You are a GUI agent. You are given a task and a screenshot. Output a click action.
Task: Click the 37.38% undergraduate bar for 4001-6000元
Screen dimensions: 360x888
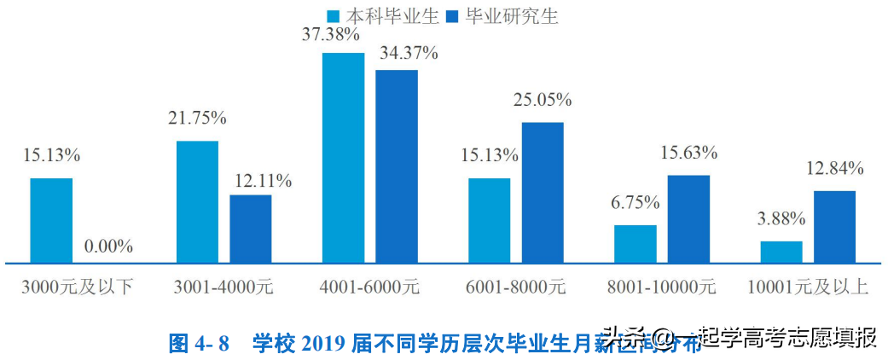(343, 157)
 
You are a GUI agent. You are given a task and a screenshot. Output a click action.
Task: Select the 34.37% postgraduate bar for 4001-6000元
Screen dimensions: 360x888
(397, 165)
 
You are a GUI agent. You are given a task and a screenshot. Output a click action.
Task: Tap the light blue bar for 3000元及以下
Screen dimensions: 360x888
(51, 220)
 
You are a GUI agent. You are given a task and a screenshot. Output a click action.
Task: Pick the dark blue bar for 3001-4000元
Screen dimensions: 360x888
(251, 228)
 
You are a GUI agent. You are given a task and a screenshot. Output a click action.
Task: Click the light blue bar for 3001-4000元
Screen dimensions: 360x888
(197, 201)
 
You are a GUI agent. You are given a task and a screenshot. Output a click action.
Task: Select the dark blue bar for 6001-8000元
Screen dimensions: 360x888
(543, 192)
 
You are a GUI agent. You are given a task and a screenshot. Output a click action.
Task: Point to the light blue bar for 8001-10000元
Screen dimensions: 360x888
(636, 243)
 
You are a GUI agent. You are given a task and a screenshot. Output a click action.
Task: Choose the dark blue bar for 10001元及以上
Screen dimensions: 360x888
(834, 226)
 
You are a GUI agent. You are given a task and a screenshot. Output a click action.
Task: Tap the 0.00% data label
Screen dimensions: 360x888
(108, 247)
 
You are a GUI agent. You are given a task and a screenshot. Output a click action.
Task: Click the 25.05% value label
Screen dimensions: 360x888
(543, 100)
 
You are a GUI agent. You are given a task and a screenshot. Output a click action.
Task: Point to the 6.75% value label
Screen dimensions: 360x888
(636, 203)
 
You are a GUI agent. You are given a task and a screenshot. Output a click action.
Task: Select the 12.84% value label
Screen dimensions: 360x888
(834, 168)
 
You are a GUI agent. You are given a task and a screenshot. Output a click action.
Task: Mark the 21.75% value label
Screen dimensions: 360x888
(197, 118)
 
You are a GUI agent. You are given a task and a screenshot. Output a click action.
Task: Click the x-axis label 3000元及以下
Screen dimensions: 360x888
(78, 287)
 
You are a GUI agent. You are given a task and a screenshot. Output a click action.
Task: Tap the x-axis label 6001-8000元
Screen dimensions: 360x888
(516, 287)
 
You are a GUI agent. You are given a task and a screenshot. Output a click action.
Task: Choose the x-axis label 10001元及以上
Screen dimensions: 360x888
(807, 287)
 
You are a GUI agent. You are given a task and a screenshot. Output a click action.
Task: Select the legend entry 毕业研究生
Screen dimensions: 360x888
(504, 15)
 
